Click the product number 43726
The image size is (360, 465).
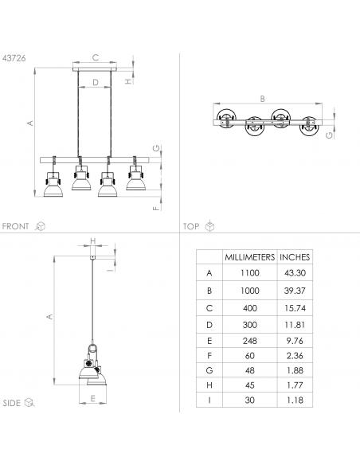click(x=14, y=58)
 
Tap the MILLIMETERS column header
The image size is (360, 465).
click(x=249, y=257)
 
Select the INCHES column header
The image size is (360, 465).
click(x=295, y=257)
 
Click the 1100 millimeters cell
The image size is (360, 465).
click(x=249, y=273)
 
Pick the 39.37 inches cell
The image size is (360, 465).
click(x=295, y=291)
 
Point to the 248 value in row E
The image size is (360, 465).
click(x=249, y=341)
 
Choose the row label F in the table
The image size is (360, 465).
click(x=209, y=356)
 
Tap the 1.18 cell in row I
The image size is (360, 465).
click(x=295, y=400)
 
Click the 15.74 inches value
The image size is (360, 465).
click(x=295, y=308)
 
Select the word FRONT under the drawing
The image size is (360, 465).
click(x=15, y=226)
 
